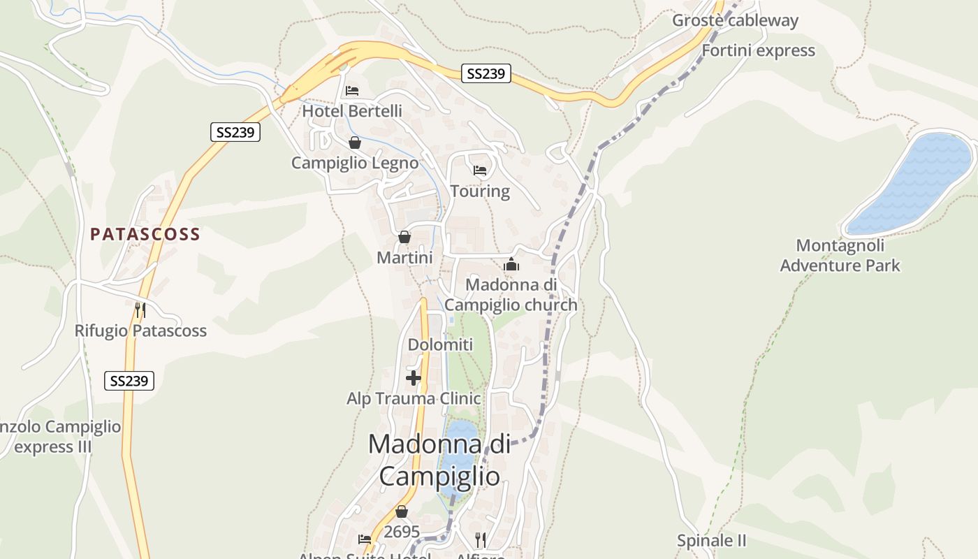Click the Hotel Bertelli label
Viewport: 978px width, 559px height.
[x=352, y=111]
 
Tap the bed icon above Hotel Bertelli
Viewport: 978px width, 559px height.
[x=352, y=91]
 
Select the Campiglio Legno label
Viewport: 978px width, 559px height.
[x=355, y=163]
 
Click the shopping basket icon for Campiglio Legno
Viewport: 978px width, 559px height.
[x=355, y=143]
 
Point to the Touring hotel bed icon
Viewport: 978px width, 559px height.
[x=480, y=170]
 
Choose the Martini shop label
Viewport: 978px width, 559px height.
[x=404, y=258]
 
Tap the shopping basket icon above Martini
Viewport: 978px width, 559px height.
[x=404, y=238]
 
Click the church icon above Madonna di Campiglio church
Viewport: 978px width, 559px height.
[x=511, y=265]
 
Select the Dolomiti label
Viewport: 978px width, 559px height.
[x=440, y=344]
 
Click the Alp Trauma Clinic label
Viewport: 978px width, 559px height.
[x=414, y=398]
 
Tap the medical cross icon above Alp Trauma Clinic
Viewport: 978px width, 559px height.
[x=414, y=378]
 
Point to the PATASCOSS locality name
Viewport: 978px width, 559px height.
[x=145, y=234]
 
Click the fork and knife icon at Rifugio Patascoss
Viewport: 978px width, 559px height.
[x=140, y=310]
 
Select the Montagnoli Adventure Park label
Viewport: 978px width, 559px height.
[x=840, y=256]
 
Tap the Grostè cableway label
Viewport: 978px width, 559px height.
[x=735, y=20]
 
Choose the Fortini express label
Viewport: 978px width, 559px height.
[x=758, y=50]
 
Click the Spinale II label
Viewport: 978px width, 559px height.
[x=712, y=540]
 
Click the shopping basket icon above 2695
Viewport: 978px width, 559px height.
[x=402, y=511]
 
